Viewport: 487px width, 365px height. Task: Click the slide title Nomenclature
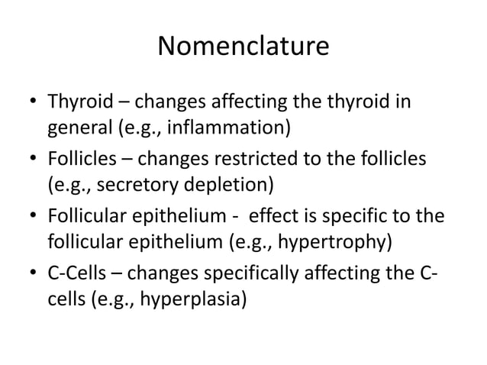(x=243, y=47)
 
